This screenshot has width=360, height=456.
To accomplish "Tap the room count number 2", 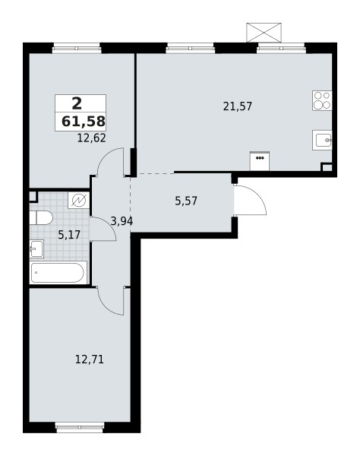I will (x=76, y=104).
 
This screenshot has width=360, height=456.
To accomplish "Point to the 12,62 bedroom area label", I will (x=91, y=138).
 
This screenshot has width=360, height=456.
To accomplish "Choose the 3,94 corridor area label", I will (x=122, y=220).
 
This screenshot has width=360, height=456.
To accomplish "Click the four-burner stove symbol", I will (x=323, y=100).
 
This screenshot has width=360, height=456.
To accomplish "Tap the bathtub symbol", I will (x=58, y=273).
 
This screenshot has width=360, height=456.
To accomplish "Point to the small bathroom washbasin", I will (x=36, y=248).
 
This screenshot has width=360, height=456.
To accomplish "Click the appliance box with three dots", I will (x=261, y=160).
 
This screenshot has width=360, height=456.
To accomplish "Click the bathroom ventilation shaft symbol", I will (x=79, y=201).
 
